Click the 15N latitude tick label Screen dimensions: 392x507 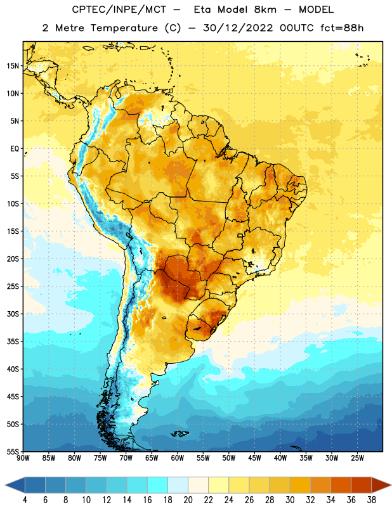pos(13,66)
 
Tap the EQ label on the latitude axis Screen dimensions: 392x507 pos(15,149)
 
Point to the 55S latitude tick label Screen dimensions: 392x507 pos(13,452)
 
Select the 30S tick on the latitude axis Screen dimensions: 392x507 pos(13,314)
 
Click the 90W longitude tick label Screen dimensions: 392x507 pos(23,458)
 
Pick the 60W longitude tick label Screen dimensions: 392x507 pos(178,458)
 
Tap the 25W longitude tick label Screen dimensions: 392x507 pos(357,458)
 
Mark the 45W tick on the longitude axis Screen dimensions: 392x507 pos(254,458)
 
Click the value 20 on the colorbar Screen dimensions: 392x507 pos(188,500)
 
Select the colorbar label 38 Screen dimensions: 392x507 pos(372,500)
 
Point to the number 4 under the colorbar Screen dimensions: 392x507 pos(25,500)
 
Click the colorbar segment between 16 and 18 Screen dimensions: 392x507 pos(157,485)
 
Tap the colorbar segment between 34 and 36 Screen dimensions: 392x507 pos(341,485)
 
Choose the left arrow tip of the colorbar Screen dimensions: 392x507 pos(5,485)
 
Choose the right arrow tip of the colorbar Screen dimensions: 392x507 pos(391,485)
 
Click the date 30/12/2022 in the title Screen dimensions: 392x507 pos(238,28)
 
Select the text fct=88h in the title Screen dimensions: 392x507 pos(342,28)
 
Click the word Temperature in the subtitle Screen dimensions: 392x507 pos(124,29)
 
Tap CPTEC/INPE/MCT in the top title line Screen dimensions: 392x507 pos(119,10)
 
